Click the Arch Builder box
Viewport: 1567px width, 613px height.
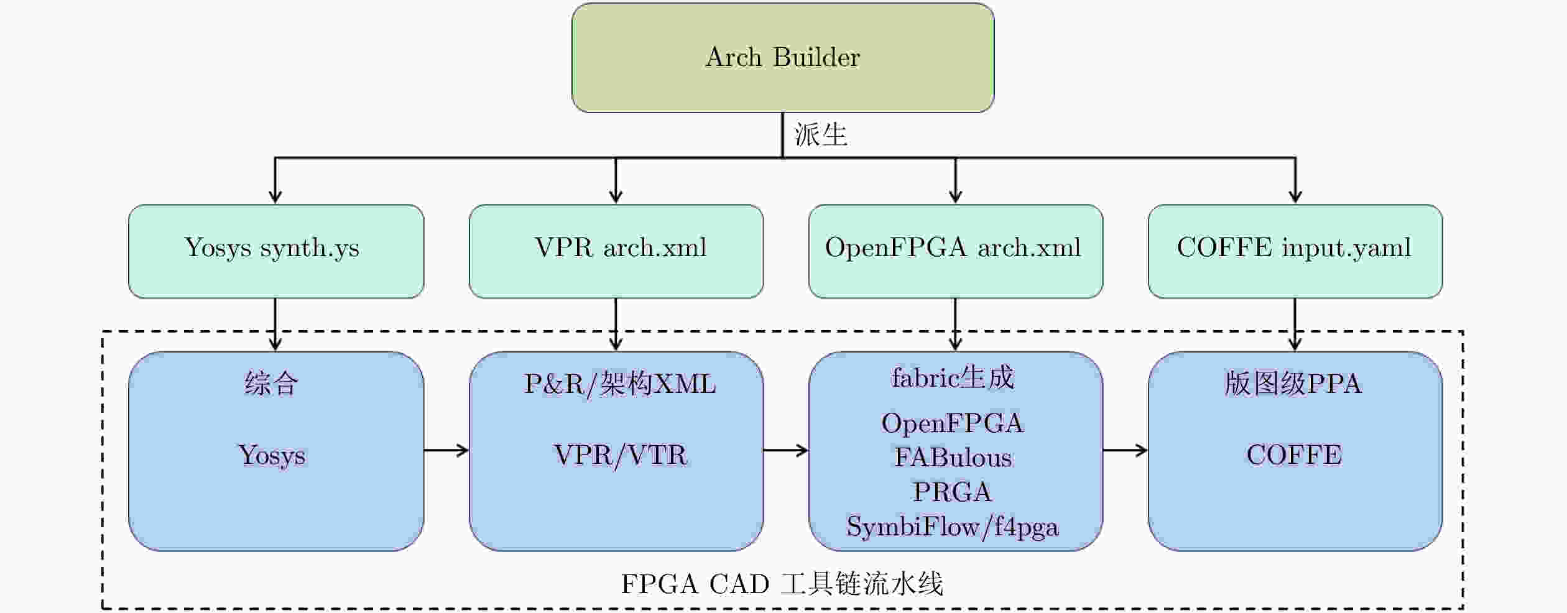(x=783, y=58)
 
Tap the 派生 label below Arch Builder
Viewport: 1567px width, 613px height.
(x=821, y=134)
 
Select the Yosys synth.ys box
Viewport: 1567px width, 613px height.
(x=276, y=251)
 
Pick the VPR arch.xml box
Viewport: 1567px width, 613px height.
(x=616, y=251)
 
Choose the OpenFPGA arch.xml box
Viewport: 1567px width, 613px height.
(x=956, y=251)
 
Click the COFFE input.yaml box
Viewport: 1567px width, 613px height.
(x=1295, y=251)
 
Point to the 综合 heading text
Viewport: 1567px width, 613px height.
(x=272, y=383)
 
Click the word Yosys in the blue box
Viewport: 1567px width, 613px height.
(x=272, y=456)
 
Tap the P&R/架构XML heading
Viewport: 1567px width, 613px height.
(x=620, y=384)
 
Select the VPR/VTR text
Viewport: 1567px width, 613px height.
(x=620, y=455)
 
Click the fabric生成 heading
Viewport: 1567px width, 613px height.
(x=953, y=377)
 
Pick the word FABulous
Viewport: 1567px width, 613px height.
(x=953, y=458)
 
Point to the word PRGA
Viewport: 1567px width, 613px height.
(x=952, y=492)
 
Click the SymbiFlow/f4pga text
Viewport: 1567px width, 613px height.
(x=953, y=527)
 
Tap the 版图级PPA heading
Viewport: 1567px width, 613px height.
(x=1293, y=383)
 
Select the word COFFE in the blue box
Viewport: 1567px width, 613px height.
(x=1294, y=455)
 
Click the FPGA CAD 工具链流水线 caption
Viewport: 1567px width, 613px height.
(x=782, y=584)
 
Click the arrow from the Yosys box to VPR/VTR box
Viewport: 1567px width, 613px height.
(x=446, y=450)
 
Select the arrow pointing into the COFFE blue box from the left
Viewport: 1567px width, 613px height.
(x=1126, y=450)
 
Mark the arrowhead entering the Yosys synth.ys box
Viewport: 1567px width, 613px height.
(x=275, y=197)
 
